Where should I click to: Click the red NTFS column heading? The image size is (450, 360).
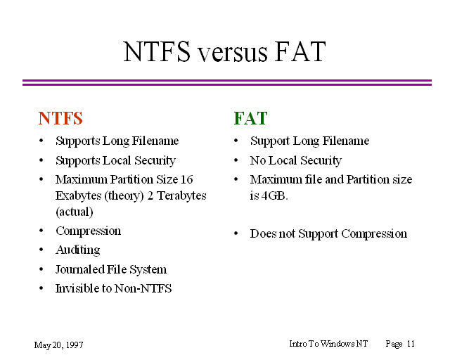tap(60, 118)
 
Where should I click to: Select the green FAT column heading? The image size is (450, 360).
tap(250, 118)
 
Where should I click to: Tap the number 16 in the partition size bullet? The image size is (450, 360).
tap(187, 180)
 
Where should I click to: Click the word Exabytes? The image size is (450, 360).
tap(79, 196)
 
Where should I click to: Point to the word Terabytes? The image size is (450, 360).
tap(181, 195)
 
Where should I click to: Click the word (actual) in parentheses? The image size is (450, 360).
tap(75, 212)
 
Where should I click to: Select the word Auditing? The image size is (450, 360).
tap(78, 250)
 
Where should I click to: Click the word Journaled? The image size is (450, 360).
tap(79, 269)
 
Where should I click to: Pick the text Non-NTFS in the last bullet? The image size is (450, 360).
tap(143, 288)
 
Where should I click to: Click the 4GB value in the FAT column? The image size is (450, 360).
tap(275, 195)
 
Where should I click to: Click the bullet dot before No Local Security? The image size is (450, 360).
tap(236, 160)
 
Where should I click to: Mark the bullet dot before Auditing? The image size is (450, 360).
tap(41, 250)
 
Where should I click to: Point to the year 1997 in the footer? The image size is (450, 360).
tap(75, 345)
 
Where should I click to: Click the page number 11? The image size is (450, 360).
tap(411, 344)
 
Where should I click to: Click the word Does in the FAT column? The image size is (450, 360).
tap(263, 233)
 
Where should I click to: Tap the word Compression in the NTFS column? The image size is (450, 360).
tap(89, 231)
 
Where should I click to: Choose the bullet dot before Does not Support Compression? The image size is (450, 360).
tap(236, 233)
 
